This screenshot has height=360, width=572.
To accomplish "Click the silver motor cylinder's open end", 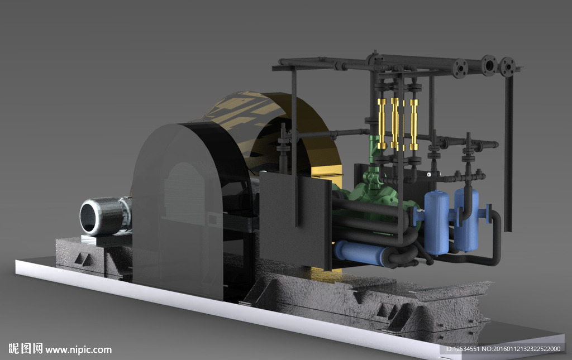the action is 89,217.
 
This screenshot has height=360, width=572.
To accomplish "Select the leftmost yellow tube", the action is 382,123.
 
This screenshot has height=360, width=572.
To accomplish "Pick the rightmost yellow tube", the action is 414,124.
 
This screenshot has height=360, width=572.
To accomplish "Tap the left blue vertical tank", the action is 437,222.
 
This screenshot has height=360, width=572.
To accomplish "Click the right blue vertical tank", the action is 466,219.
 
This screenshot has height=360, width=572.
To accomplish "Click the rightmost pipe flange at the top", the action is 507,66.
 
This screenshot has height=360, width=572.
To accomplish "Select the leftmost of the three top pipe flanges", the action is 460,68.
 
